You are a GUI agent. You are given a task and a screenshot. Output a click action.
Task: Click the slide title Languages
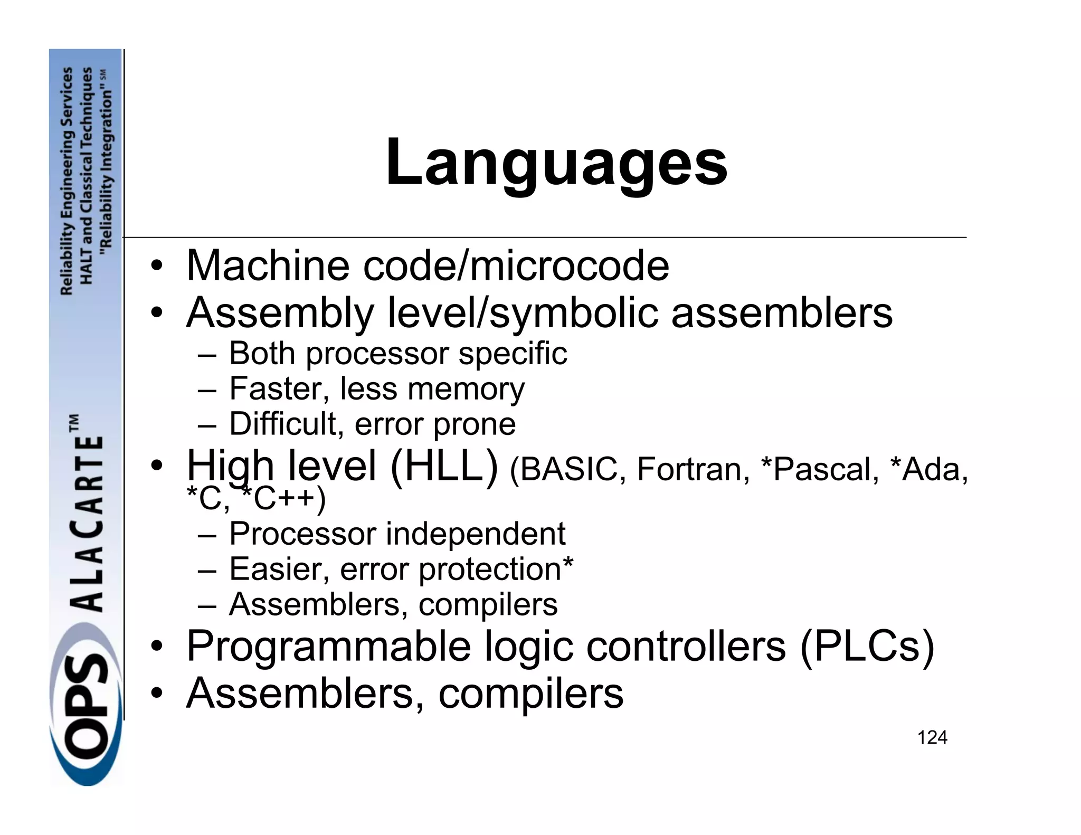coord(556,163)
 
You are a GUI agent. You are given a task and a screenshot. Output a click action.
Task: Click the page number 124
coord(932,737)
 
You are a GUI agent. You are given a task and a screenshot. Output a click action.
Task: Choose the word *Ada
coord(928,469)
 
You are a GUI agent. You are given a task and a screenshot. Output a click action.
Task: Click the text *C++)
coord(283,499)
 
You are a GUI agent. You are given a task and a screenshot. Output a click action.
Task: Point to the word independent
coord(476,534)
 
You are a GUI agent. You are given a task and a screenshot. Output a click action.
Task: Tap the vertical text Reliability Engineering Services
coord(67,181)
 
